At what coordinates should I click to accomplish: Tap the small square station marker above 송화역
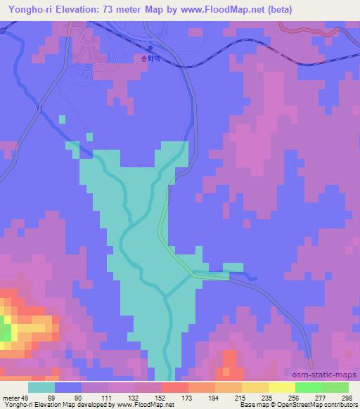[150, 48]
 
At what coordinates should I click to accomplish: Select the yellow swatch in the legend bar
[281, 387]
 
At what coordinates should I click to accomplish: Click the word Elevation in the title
[72, 10]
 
